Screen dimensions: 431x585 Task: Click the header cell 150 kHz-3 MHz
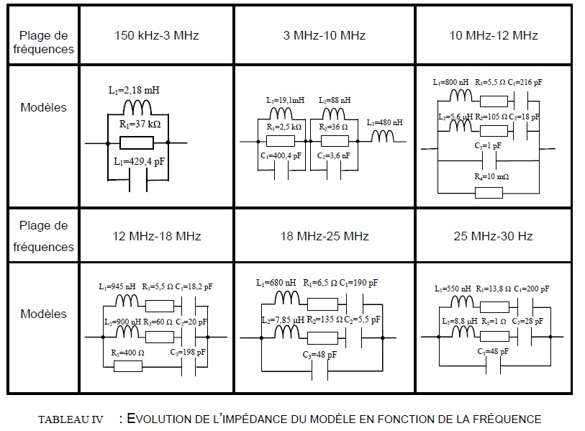(x=156, y=35)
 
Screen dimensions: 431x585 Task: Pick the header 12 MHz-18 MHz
(x=156, y=236)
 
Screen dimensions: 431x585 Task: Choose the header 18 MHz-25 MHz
(x=325, y=236)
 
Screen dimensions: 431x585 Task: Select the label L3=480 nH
(x=385, y=122)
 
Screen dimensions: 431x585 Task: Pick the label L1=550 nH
(x=453, y=289)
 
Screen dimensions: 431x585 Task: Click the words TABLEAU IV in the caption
(x=70, y=419)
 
